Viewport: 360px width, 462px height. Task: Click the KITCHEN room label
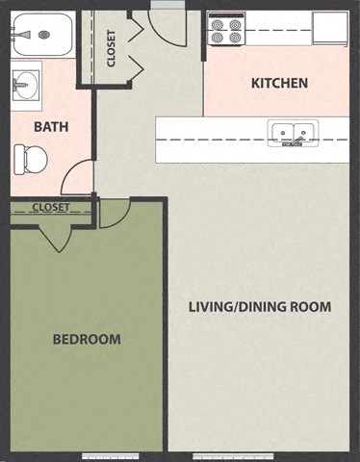tap(279, 83)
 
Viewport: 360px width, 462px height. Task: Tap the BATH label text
tap(51, 127)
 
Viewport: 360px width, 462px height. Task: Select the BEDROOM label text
tap(87, 339)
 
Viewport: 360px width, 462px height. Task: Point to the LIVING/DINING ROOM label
tap(260, 307)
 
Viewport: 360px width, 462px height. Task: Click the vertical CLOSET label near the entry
tap(112, 48)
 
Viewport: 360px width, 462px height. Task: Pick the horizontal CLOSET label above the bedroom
tap(50, 207)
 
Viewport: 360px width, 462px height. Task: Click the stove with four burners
tap(224, 31)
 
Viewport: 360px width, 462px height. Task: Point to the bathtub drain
tap(43, 35)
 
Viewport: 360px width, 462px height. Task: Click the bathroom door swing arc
tap(77, 178)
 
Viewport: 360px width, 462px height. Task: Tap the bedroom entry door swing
tap(114, 214)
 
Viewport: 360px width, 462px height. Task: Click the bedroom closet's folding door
tap(59, 234)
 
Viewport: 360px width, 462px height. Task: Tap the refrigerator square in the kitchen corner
tap(329, 27)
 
